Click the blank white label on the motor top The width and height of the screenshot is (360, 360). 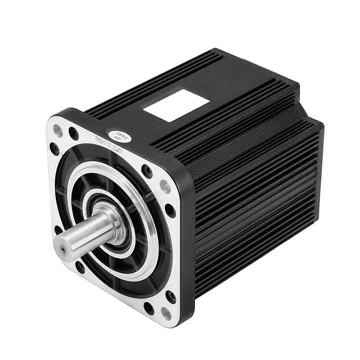coord(175,104)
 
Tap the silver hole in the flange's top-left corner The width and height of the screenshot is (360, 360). coord(58,130)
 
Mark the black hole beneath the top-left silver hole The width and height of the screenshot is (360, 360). coord(55,149)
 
